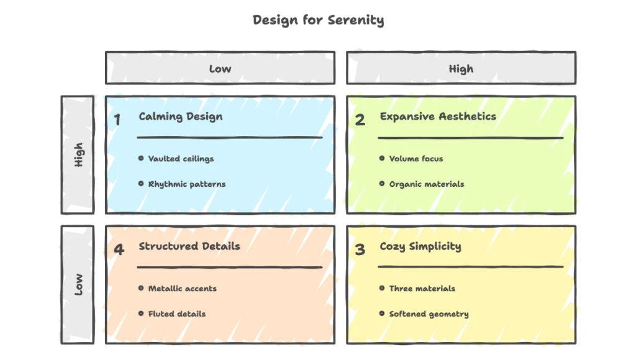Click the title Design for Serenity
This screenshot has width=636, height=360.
318,20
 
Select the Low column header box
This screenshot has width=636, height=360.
220,68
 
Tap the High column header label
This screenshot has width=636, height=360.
461,68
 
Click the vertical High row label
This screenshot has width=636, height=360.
78,155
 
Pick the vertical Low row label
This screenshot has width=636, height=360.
78,284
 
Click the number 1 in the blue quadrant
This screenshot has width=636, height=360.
117,120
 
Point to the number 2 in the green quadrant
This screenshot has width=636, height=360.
360,120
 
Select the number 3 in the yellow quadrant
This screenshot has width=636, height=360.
360,250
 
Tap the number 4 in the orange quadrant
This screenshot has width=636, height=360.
118,250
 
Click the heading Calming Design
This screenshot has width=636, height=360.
180,116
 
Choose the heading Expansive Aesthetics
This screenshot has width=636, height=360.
438,116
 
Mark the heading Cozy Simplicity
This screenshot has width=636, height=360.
420,246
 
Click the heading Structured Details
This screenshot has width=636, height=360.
189,246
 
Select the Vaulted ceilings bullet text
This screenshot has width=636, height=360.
181,158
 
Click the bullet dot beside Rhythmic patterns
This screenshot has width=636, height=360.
141,184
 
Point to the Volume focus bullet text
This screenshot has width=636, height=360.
416,158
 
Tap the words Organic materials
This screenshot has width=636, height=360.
427,184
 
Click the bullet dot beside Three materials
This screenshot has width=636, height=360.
382,288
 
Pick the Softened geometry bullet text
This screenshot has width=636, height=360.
429,313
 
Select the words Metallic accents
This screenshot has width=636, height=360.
183,288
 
